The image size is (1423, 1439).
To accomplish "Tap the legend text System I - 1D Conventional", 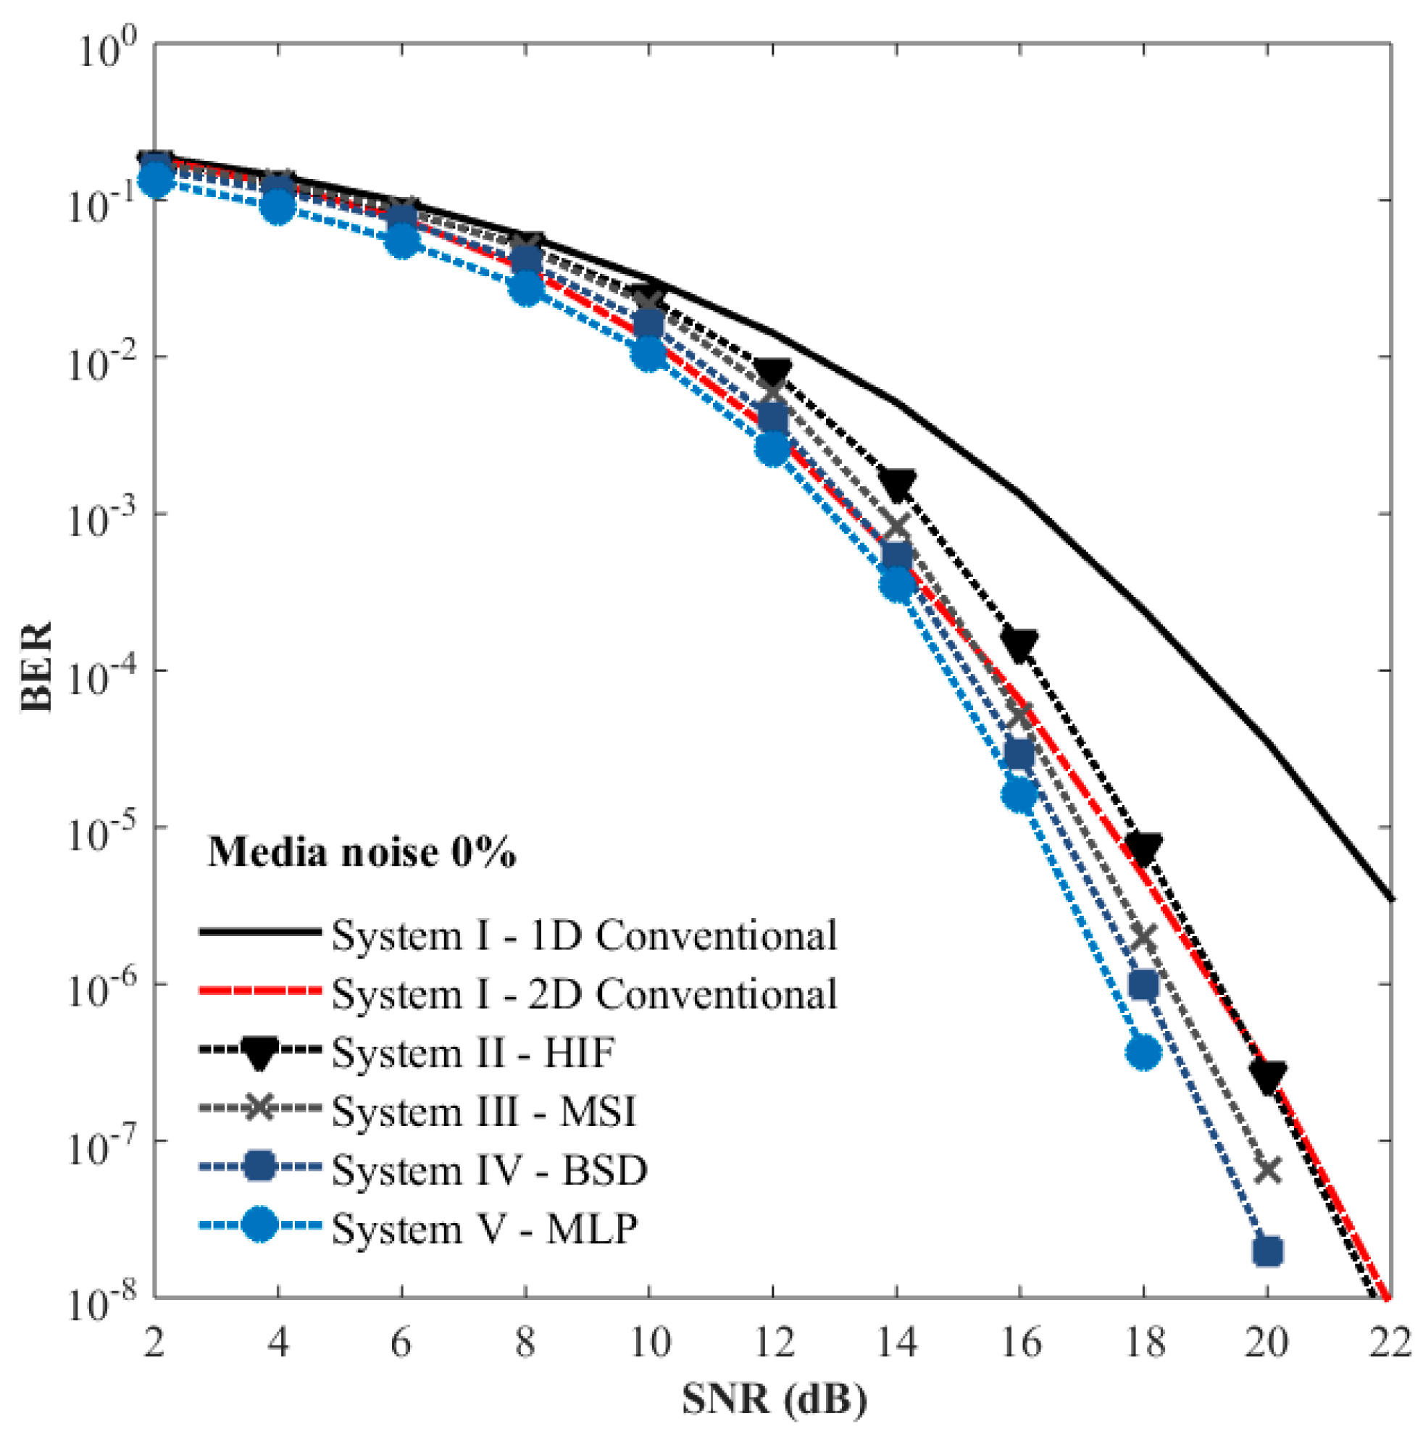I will pos(585,935).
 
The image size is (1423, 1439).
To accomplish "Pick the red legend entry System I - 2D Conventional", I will pos(585,994).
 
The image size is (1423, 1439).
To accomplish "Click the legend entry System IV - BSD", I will pos(489,1170).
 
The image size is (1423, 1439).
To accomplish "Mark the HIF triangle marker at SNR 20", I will pos(1267,1075).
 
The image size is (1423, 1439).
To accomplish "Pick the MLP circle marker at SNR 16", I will pos(1019,795).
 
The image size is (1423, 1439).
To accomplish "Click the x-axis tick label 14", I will pos(896,1343).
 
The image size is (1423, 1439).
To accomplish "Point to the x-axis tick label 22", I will pos(1390,1343).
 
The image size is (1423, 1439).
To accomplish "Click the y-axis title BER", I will pos(36,667).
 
